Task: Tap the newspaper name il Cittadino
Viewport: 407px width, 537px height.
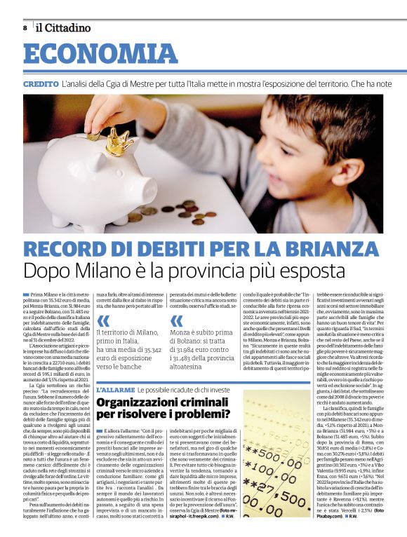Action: pos(64,28)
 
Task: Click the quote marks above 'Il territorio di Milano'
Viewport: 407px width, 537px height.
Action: pos(105,320)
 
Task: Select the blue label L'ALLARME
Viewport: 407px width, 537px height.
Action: pos(114,389)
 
